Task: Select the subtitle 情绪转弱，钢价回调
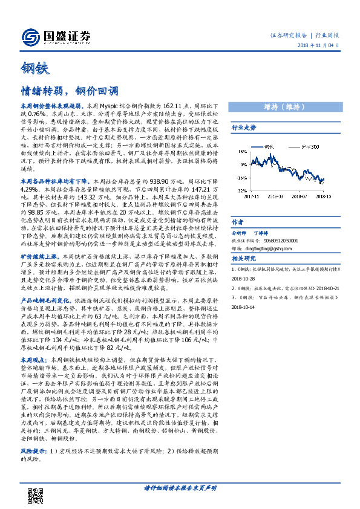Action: (68, 91)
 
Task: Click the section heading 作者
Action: (237, 221)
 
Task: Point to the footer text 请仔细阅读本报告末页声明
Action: (180, 487)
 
